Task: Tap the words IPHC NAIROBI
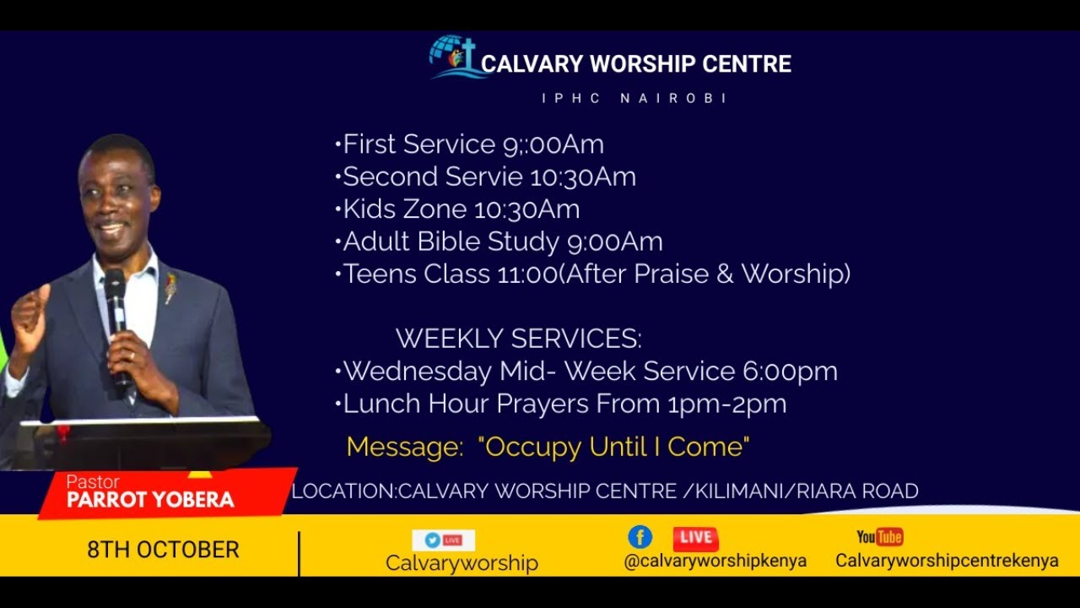click(634, 99)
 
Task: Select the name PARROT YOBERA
click(150, 499)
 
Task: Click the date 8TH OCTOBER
click(163, 550)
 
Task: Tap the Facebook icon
click(640, 537)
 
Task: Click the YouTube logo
click(879, 537)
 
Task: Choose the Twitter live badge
click(443, 540)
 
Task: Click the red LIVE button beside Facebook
click(695, 538)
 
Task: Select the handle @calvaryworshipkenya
click(715, 561)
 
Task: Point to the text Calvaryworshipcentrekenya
click(947, 561)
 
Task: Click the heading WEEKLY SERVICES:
click(518, 339)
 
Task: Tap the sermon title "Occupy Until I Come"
click(613, 447)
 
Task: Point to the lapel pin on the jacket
click(171, 287)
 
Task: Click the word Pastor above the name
click(93, 482)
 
